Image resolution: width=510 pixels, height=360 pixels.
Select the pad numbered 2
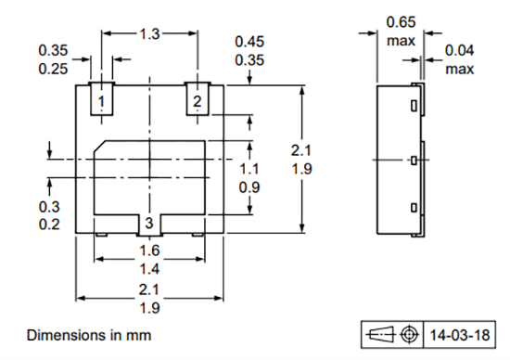point(197,99)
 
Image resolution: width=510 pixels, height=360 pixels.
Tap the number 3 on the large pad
point(148,223)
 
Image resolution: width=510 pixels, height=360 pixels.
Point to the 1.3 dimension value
point(148,33)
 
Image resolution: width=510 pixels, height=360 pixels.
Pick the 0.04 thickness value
point(460,51)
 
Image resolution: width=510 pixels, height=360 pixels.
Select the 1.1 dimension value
point(249,169)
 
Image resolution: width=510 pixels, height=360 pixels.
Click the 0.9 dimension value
point(249,188)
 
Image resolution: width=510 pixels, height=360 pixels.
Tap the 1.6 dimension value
point(148,250)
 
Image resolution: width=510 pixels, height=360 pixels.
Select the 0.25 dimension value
point(51,69)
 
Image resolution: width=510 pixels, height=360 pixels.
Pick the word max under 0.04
point(460,69)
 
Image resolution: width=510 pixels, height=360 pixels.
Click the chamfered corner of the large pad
point(100,147)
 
